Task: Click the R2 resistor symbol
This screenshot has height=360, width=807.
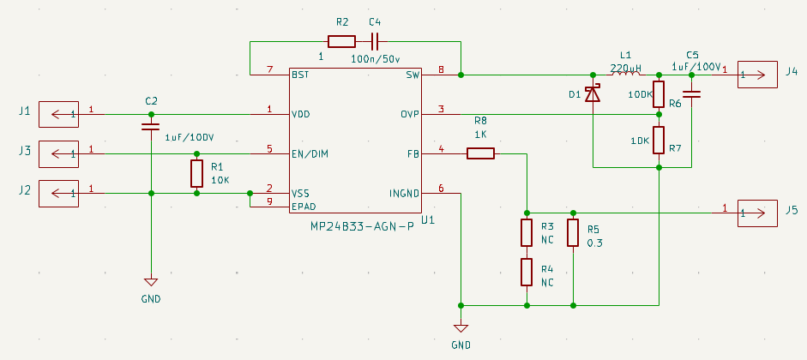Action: tap(341, 42)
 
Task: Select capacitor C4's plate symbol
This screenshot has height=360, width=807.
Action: tap(375, 42)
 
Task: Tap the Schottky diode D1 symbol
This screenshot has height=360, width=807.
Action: tap(593, 94)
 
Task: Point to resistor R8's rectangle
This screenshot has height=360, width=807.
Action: tap(481, 153)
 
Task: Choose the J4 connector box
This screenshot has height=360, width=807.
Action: tap(757, 75)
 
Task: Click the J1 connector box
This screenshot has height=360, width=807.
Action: tap(58, 114)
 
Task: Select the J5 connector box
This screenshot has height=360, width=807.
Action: tap(757, 213)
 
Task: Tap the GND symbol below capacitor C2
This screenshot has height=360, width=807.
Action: tap(151, 282)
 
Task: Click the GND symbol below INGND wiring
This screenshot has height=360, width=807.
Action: tap(461, 328)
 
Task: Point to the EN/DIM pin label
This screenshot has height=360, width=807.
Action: tap(310, 153)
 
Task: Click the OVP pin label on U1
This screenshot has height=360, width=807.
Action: tap(410, 114)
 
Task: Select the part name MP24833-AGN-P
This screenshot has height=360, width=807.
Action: tap(362, 227)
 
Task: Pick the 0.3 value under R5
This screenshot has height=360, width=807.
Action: tap(595, 243)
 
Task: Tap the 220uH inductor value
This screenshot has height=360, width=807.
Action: tap(626, 68)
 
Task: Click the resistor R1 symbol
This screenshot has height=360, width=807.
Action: tap(196, 174)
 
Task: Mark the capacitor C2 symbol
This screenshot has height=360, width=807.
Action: tap(151, 127)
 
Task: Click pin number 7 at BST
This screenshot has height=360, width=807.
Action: tap(269, 69)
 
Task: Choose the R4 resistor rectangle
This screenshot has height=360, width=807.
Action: tap(526, 272)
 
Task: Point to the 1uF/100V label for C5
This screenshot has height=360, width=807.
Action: tap(697, 67)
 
